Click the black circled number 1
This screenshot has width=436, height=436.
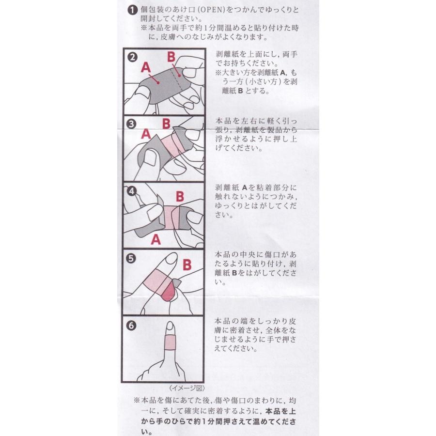pyautogui.click(x=133, y=10)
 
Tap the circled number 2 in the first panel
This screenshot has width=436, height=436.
pyautogui.click(x=133, y=57)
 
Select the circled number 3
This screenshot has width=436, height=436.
pyautogui.click(x=131, y=124)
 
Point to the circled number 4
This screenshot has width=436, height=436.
pyautogui.click(x=131, y=191)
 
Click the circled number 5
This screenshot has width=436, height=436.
pyautogui.click(x=131, y=259)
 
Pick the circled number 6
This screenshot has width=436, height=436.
pyautogui.click(x=131, y=326)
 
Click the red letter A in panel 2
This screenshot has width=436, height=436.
pyautogui.click(x=146, y=67)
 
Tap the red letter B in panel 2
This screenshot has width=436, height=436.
pyautogui.click(x=171, y=57)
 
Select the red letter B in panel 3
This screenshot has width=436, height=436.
pyautogui.click(x=166, y=124)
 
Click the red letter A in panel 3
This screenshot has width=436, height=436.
pyautogui.click(x=146, y=134)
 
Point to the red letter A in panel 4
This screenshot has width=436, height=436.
pyautogui.click(x=156, y=239)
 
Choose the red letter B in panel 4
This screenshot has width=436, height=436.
pyautogui.click(x=180, y=196)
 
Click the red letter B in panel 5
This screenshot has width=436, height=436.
pyautogui.click(x=187, y=265)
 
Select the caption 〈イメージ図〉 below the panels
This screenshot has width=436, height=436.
pyautogui.click(x=187, y=388)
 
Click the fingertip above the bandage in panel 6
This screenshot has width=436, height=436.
pyautogui.click(x=170, y=328)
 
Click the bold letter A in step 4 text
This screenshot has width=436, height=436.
pyautogui.click(x=245, y=187)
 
